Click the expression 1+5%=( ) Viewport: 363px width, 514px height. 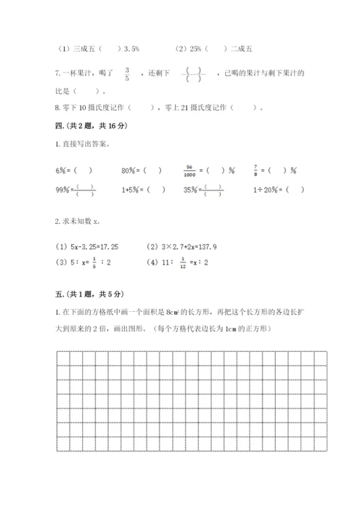144,190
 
